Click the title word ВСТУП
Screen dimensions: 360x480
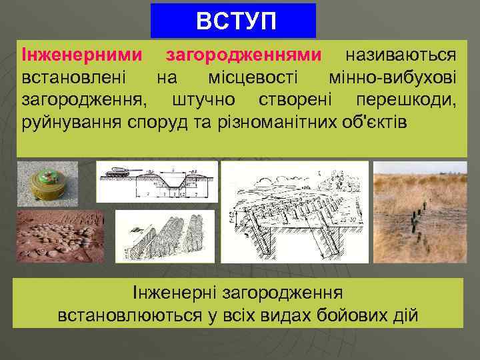tap(233, 21)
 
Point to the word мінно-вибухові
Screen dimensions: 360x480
tap(393, 77)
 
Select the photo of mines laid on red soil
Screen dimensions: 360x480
tap(60, 236)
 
